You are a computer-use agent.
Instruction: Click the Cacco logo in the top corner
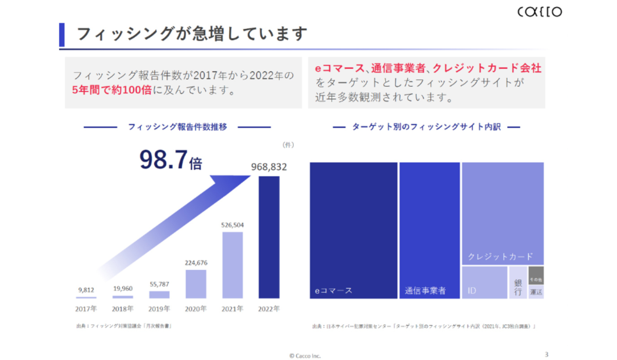539,12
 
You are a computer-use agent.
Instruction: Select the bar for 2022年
269,237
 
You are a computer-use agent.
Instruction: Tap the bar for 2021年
232,265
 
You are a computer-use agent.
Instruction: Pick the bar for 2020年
196,284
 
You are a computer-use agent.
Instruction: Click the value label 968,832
269,167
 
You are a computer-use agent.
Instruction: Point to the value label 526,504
232,225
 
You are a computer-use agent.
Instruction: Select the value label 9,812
86,290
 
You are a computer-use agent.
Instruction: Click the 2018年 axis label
123,309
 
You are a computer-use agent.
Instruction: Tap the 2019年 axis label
159,309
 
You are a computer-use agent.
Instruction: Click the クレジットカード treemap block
502,213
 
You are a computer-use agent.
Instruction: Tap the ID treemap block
484,282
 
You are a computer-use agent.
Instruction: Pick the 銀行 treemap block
518,282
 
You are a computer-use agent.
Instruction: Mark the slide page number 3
547,354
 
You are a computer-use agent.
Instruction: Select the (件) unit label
288,145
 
